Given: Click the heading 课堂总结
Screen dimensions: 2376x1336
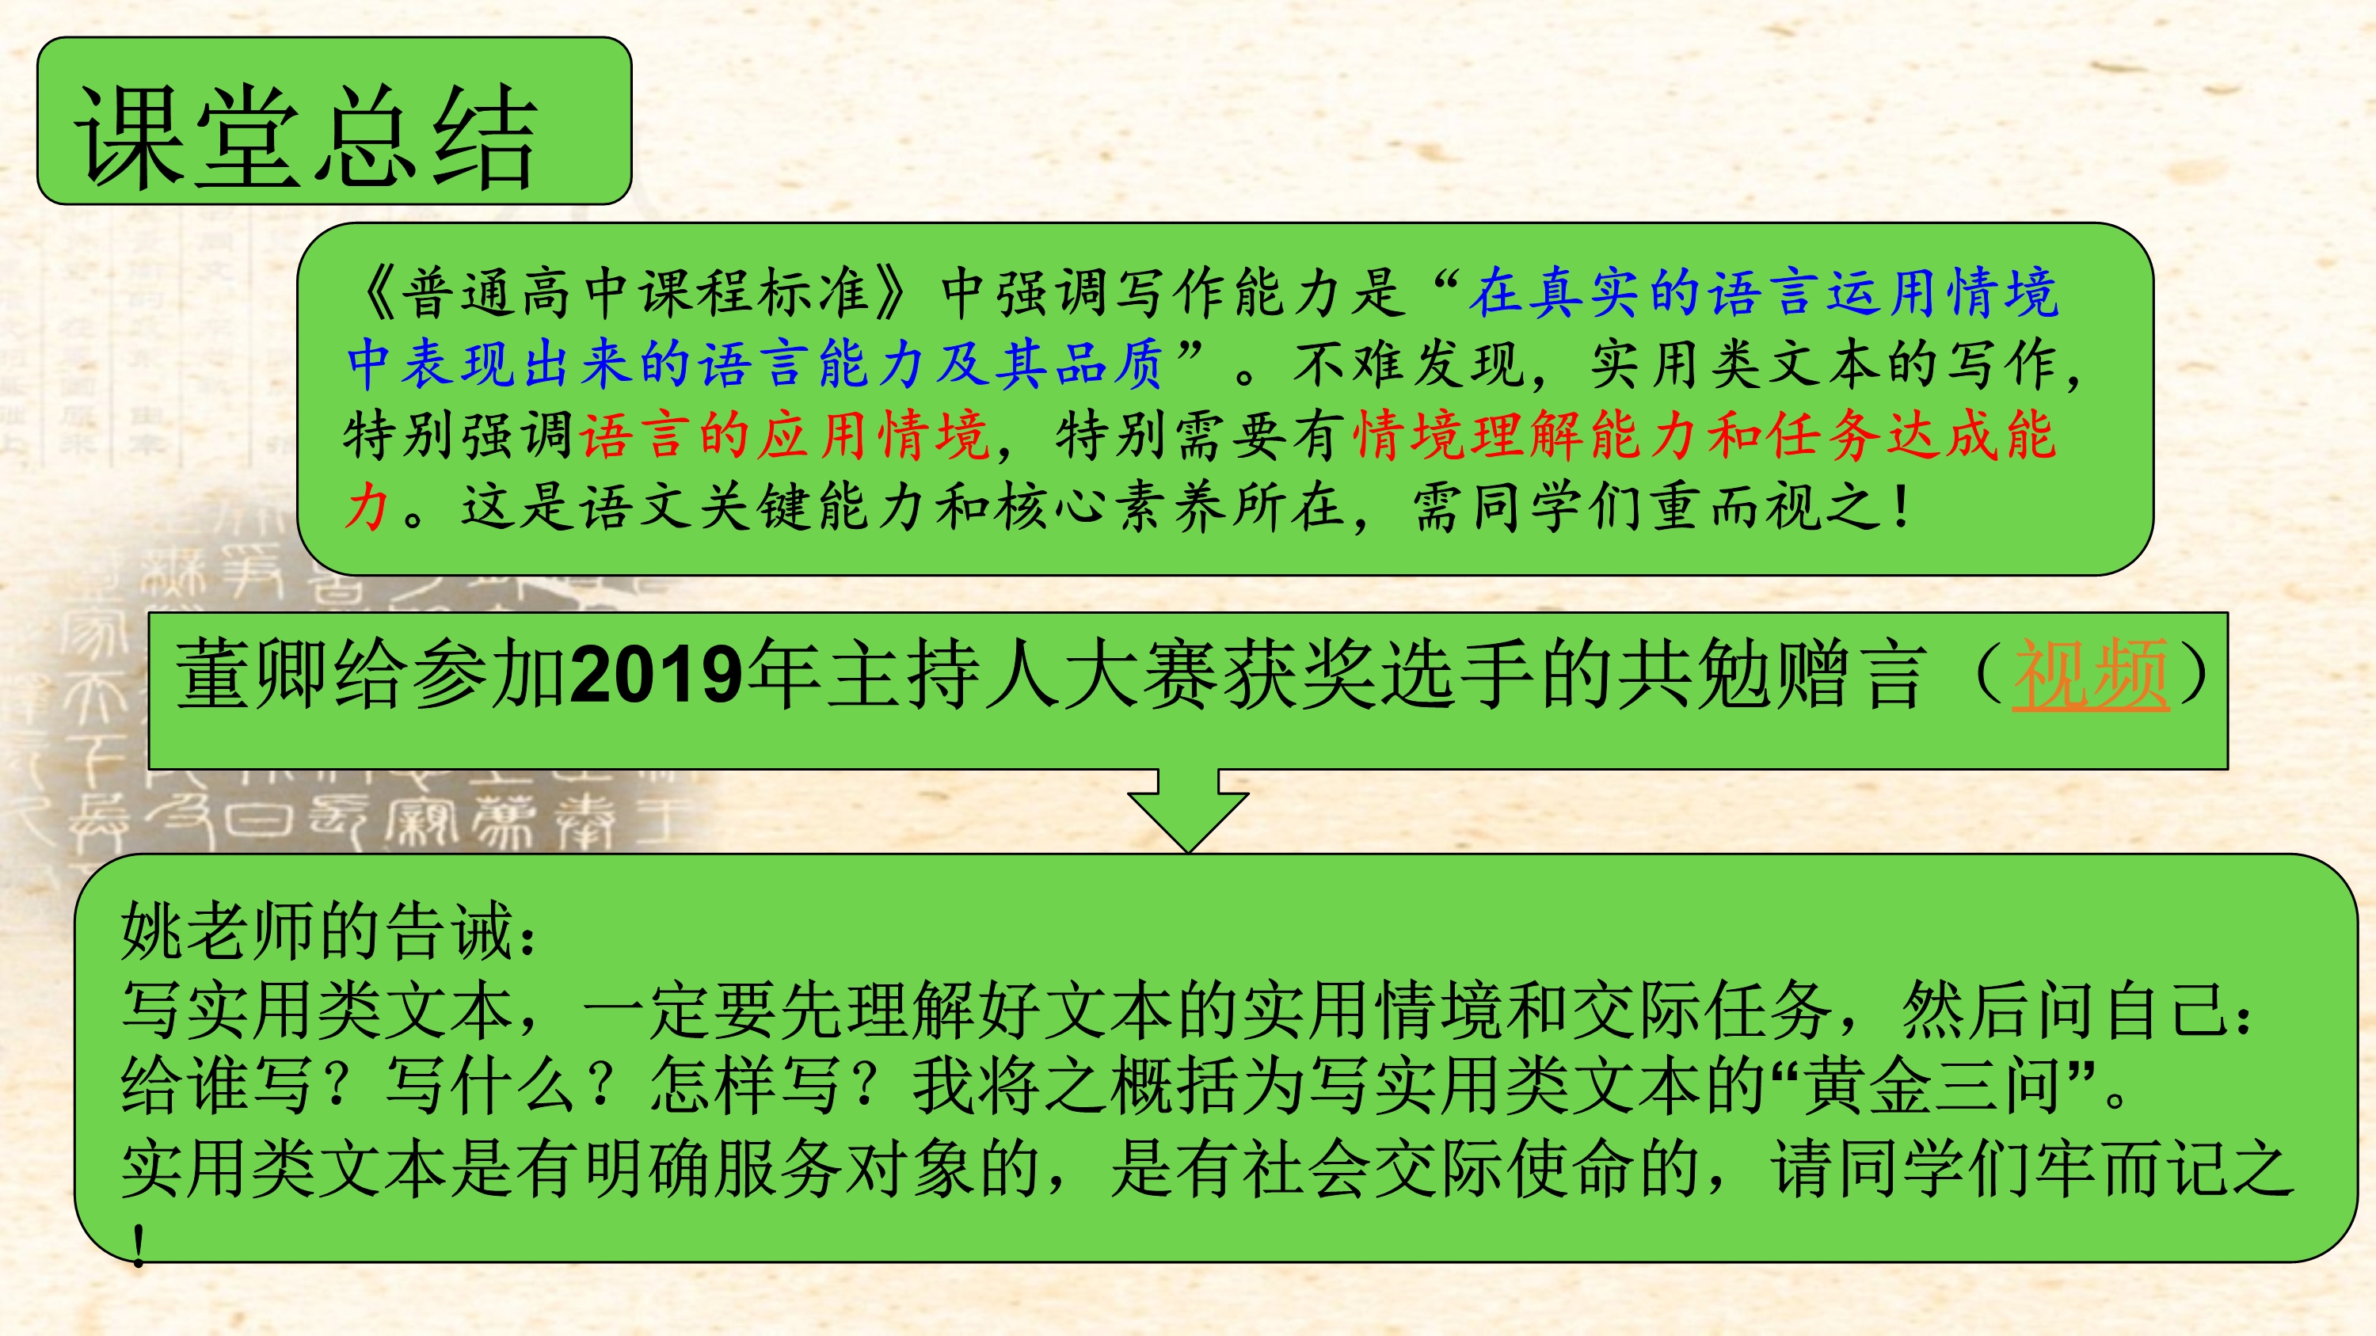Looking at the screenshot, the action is tap(307, 136).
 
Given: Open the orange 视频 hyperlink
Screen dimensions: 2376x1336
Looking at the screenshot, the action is tap(2090, 675).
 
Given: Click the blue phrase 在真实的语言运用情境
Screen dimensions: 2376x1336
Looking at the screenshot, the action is tap(1764, 292).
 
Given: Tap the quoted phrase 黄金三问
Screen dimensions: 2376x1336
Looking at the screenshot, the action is tap(1932, 1086).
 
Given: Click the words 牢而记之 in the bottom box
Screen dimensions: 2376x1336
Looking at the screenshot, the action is tap(2164, 1167).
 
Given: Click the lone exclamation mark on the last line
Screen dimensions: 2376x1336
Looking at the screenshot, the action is tap(139, 1244).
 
